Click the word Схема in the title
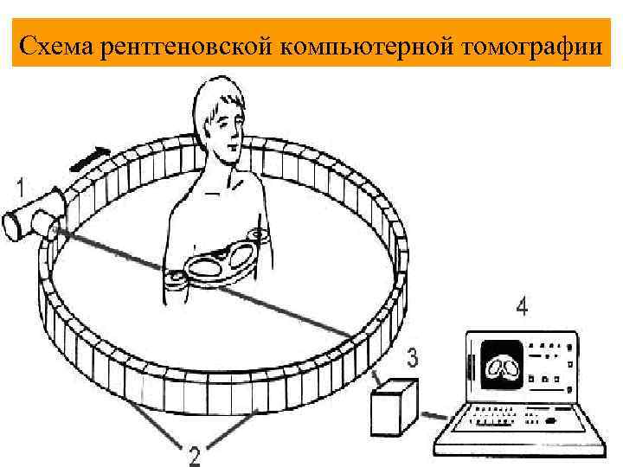pos(56,46)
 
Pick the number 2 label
pos(196,453)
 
